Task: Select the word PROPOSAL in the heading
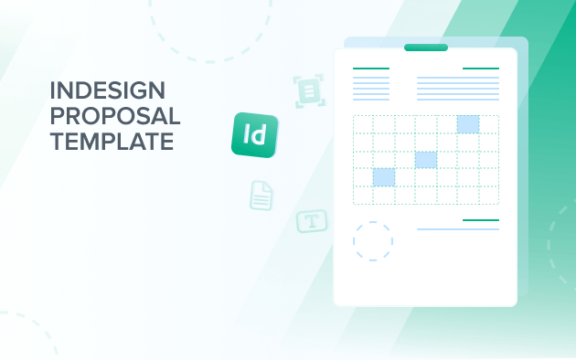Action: tap(116, 117)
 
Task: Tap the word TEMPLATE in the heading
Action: tap(112, 142)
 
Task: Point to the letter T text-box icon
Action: tap(312, 221)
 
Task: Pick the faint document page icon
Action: tap(262, 195)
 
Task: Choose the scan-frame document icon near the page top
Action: tap(310, 91)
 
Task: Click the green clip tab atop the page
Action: tap(426, 48)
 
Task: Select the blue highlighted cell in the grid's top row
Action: tap(468, 124)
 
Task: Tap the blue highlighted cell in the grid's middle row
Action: tap(426, 160)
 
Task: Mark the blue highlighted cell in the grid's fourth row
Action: tap(384, 177)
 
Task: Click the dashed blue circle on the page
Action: tap(373, 241)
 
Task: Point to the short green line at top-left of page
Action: tap(370, 69)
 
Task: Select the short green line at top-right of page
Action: tap(481, 69)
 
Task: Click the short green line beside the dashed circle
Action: tap(481, 220)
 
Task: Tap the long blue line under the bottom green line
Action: tap(458, 229)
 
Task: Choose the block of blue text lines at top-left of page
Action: tap(370, 88)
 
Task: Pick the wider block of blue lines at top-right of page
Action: tap(458, 88)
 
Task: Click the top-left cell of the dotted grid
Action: tap(363, 124)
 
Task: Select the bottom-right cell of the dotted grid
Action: tap(489, 195)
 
